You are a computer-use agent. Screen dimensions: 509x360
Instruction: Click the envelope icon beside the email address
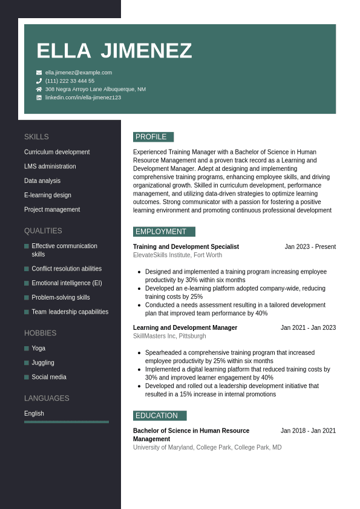[39, 73]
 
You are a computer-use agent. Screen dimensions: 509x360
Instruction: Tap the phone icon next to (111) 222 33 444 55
[39, 80]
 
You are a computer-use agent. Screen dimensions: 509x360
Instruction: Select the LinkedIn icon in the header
[39, 97]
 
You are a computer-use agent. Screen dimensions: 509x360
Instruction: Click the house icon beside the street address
[39, 89]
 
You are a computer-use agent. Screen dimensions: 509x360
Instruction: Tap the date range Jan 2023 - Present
[310, 247]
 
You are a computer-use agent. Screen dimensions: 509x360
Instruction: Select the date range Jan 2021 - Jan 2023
[308, 328]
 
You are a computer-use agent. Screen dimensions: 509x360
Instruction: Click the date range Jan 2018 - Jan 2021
[308, 431]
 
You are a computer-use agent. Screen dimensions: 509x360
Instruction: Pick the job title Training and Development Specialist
[186, 247]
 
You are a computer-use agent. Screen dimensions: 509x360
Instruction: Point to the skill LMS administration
[50, 166]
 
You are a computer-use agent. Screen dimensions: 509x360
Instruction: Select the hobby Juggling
[43, 363]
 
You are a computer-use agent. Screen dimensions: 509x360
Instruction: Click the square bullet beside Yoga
[27, 349]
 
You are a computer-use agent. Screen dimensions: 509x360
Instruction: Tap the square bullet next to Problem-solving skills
[27, 298]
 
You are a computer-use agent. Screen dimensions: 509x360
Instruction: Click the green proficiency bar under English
[67, 422]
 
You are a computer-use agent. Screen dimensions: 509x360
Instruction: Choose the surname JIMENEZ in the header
[146, 51]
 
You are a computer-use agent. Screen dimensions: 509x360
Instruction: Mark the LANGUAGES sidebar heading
[47, 398]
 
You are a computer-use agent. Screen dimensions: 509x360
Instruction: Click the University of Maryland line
[207, 447]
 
